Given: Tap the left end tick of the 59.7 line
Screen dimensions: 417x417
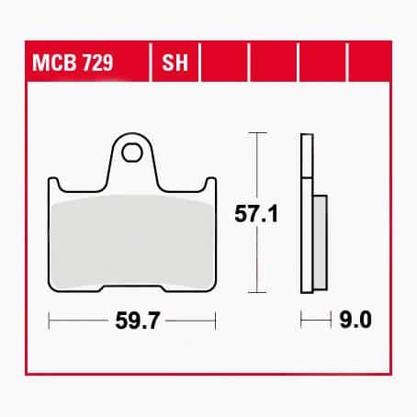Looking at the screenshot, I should [x=49, y=321].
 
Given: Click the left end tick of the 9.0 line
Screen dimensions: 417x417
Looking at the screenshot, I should [x=302, y=321].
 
